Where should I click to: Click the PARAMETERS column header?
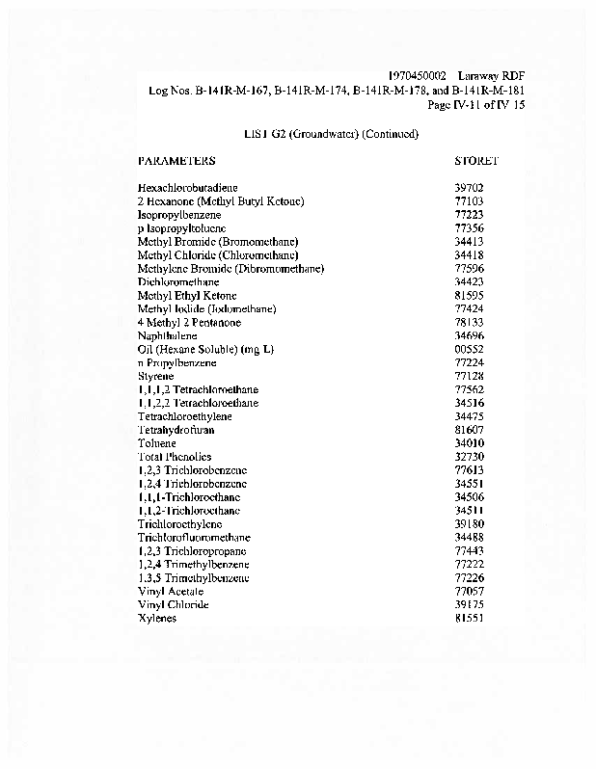(x=176, y=160)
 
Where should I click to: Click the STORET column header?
(x=476, y=160)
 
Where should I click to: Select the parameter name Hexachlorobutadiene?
(x=188, y=187)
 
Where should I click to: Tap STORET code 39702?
(x=469, y=187)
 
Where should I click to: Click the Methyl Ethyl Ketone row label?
(x=187, y=295)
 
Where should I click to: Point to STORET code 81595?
(x=469, y=295)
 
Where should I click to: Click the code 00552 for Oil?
(x=469, y=349)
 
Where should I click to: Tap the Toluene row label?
(x=155, y=443)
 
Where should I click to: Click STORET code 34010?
(x=469, y=443)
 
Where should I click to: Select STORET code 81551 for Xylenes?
(x=469, y=619)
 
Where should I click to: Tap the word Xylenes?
(x=157, y=619)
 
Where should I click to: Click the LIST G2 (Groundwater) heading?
(x=332, y=134)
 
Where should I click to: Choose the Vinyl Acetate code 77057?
(x=469, y=592)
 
